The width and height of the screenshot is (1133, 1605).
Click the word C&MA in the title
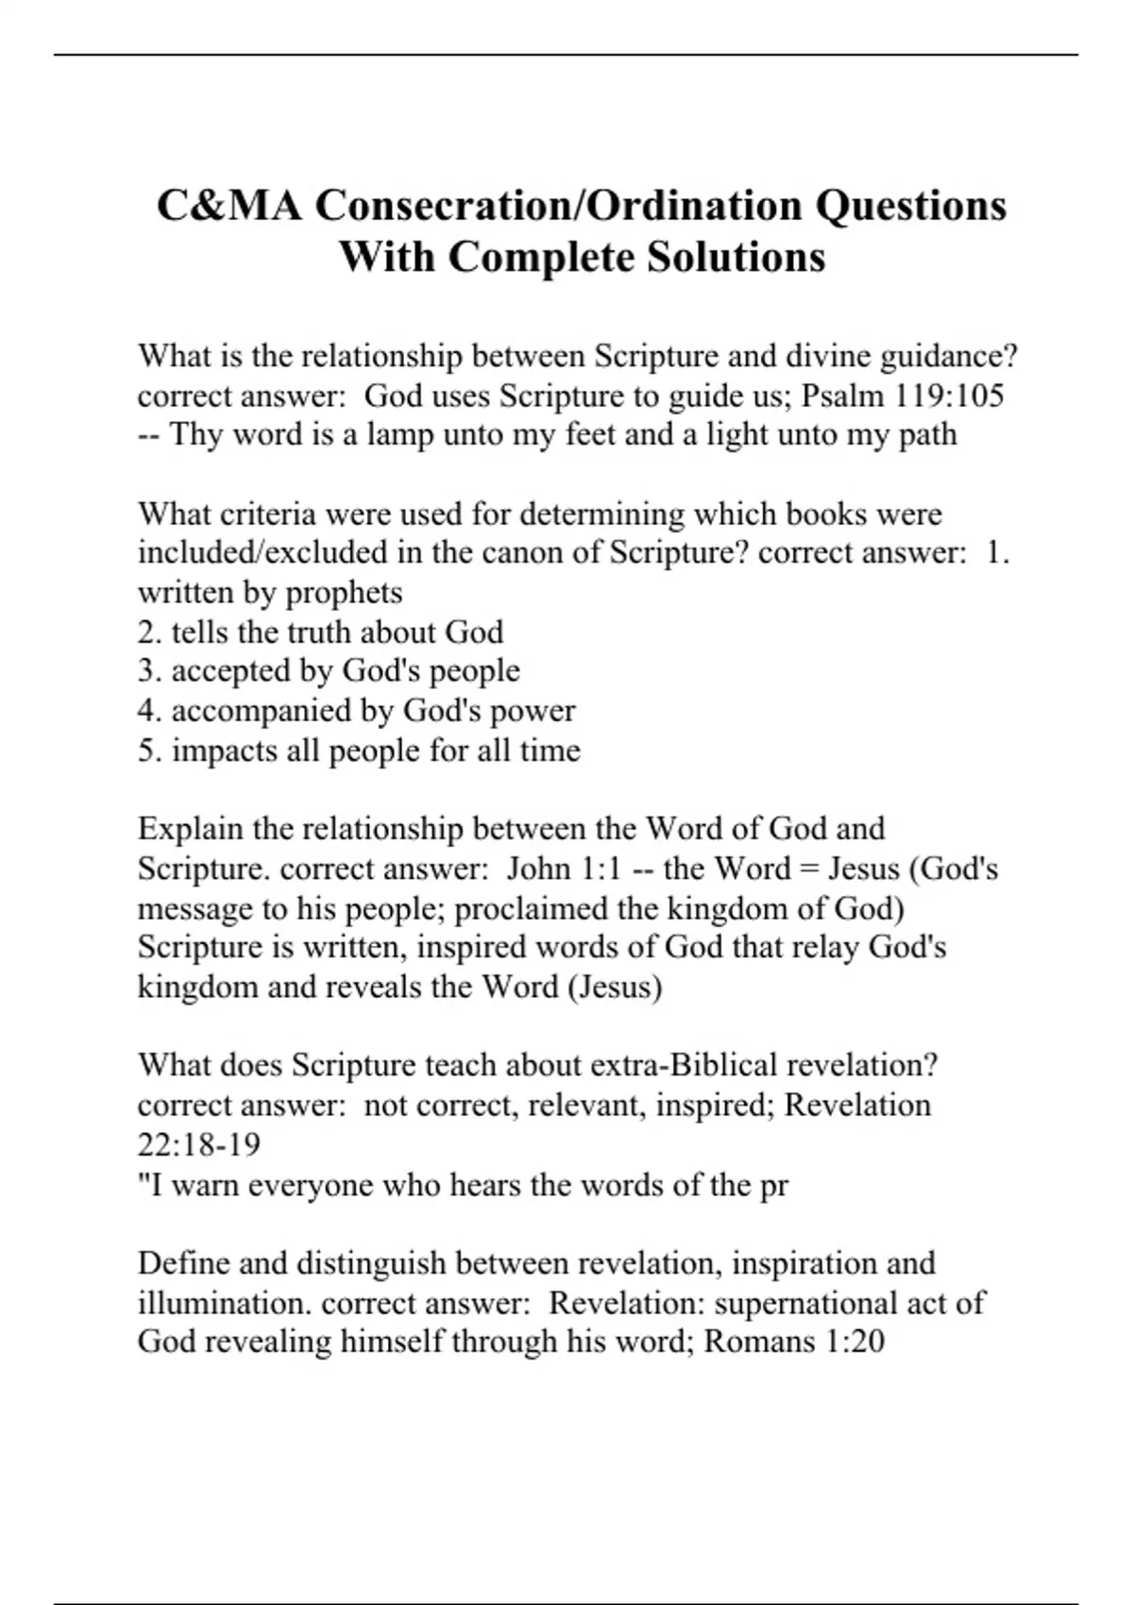[229, 206]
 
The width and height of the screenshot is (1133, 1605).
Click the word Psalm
[841, 396]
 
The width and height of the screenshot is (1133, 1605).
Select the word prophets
[344, 593]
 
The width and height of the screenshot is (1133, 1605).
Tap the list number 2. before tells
[150, 633]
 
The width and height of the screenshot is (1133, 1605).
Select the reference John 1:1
[564, 869]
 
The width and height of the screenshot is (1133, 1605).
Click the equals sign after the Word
[809, 869]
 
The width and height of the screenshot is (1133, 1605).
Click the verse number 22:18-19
[199, 1145]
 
